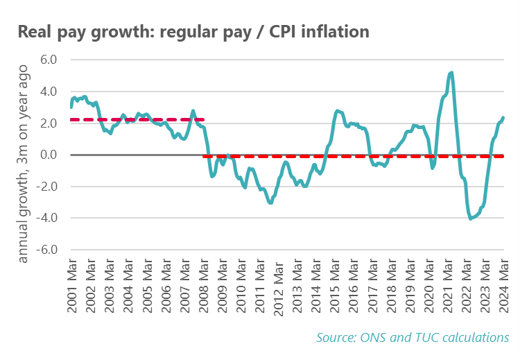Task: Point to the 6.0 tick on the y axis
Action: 47,60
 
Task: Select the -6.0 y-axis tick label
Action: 45,250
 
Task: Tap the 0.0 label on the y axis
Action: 47,155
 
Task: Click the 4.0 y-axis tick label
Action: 47,92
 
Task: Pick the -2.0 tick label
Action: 45,187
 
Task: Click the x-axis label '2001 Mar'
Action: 73,286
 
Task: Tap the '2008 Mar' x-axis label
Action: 204,286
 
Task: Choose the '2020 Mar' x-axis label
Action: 428,286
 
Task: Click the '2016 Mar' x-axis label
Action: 353,286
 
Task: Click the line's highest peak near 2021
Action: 451,72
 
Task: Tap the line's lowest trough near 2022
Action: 471,218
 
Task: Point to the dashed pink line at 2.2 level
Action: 139,120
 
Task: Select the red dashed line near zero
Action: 347,156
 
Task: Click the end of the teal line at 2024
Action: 503,117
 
